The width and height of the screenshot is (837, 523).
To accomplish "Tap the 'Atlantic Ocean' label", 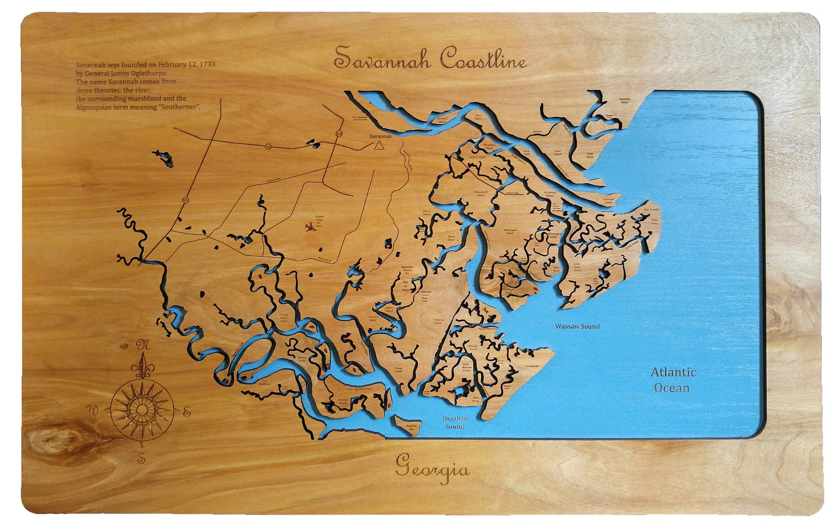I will click(x=673, y=380).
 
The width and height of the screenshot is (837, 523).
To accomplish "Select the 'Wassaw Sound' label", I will click(x=577, y=327).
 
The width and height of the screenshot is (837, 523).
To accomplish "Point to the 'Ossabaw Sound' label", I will click(x=454, y=422).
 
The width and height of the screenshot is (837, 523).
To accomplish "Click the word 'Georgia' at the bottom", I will click(x=432, y=467).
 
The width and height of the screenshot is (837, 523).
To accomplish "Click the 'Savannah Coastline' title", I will click(x=430, y=58).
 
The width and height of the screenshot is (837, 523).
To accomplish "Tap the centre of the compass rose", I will click(x=142, y=409).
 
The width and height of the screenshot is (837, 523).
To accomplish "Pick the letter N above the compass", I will click(x=142, y=346).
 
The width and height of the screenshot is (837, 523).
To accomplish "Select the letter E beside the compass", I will click(x=187, y=412).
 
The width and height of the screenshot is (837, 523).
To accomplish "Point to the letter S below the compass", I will click(x=141, y=458).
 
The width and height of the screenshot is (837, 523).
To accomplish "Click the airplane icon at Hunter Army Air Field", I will click(x=310, y=228).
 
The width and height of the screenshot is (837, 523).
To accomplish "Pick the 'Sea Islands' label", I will click(x=531, y=366).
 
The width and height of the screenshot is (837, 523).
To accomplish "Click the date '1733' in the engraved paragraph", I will click(x=206, y=65).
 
